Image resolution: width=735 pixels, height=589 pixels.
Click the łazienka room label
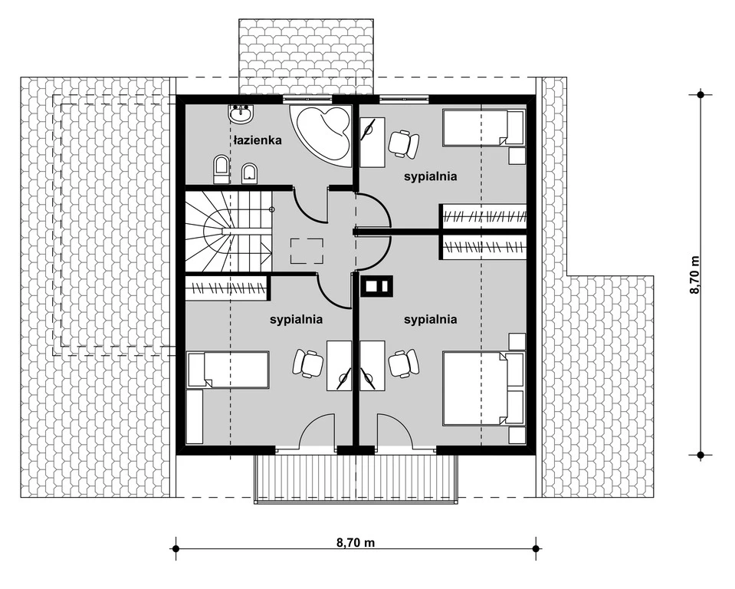(258, 140)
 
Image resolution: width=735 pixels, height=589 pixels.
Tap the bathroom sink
(241, 114)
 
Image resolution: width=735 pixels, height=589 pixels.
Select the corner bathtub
(320, 133)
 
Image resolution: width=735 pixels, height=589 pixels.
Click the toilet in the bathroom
(221, 169)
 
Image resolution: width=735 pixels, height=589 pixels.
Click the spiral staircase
(228, 231)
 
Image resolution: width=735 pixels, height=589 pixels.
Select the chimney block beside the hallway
(376, 285)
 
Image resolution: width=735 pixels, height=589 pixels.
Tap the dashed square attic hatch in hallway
(307, 251)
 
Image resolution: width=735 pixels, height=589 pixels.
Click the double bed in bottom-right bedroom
(484, 390)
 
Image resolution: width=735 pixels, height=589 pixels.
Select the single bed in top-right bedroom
(484, 127)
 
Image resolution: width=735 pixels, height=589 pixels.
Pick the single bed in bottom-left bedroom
(228, 370)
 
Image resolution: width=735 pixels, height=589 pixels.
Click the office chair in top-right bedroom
(403, 143)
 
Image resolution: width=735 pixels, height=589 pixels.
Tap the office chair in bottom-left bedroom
(308, 363)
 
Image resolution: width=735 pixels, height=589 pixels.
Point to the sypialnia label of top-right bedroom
(430, 177)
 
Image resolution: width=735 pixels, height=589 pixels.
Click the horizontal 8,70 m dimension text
(356, 543)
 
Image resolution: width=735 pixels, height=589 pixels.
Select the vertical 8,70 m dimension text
(694, 275)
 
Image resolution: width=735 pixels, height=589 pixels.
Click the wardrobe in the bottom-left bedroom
(226, 288)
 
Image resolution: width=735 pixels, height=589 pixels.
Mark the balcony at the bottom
(356, 479)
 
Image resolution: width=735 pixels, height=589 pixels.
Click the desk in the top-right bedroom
(372, 142)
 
